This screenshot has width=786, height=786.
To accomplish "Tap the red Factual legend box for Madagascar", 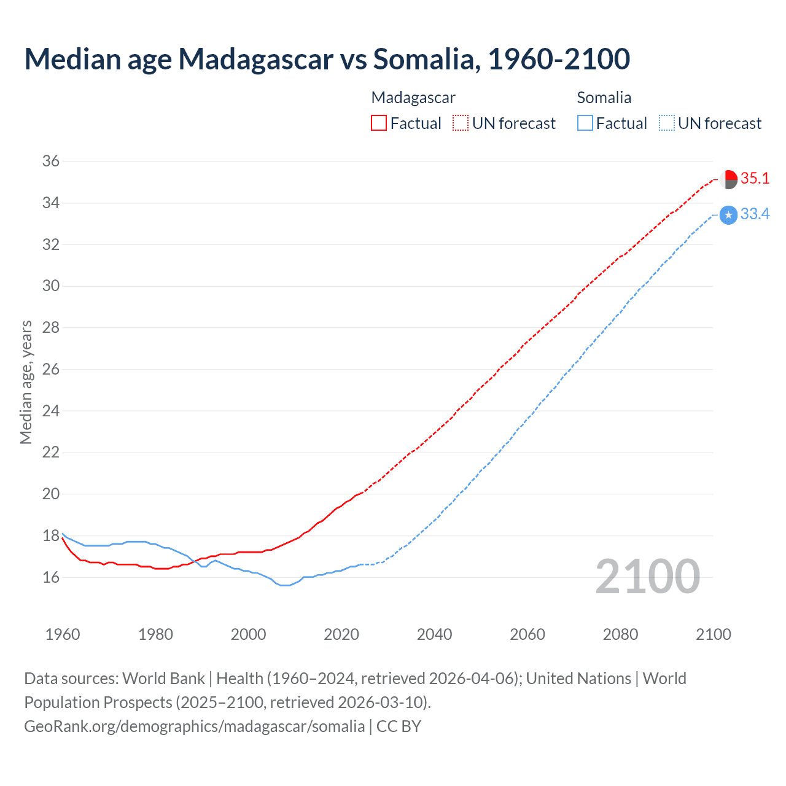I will click(x=379, y=123).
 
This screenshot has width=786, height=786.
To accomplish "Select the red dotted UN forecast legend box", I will click(x=461, y=123).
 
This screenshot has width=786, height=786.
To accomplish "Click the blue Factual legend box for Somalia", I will click(x=585, y=123).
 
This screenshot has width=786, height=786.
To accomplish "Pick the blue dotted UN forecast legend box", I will click(x=667, y=123).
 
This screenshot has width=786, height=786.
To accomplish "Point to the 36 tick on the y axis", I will click(x=51, y=161).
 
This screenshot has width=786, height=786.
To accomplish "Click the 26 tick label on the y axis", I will click(x=51, y=369).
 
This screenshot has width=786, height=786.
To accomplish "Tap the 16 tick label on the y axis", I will click(x=51, y=577).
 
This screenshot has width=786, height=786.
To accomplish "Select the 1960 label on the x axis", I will click(x=63, y=634).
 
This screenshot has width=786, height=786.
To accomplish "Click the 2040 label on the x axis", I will click(x=434, y=634).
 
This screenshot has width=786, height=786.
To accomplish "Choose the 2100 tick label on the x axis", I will click(x=714, y=634).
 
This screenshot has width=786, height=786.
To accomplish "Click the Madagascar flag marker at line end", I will click(x=728, y=179).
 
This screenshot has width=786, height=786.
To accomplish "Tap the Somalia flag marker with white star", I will click(x=728, y=215).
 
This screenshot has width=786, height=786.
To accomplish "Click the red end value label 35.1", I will click(x=755, y=179).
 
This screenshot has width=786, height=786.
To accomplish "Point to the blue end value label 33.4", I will click(x=755, y=214).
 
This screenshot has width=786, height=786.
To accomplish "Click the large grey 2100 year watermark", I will click(x=647, y=577).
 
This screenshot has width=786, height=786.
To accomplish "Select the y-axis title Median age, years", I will click(x=26, y=382).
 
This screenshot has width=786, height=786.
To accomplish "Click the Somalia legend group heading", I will click(x=604, y=98).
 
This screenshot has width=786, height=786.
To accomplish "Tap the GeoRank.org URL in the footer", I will click(x=195, y=726).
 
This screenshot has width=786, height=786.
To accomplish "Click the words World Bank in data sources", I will click(x=163, y=679).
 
